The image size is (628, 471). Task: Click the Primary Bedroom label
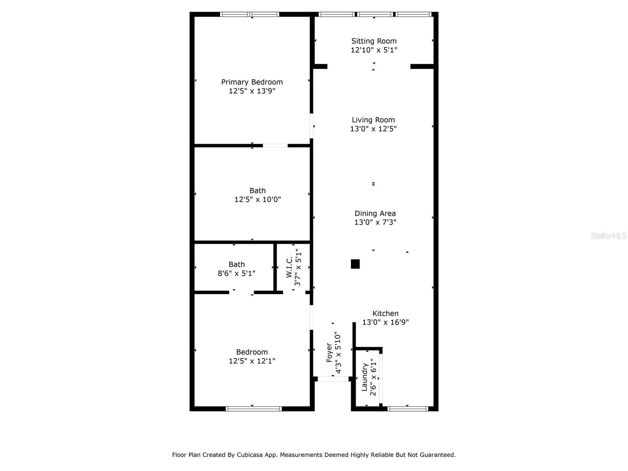[252, 82]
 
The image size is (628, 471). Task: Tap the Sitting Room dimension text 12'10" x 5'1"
[374, 50]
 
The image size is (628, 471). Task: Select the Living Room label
[373, 120]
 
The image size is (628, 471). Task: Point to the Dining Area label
[375, 214]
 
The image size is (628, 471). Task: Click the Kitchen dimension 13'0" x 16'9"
[385, 322]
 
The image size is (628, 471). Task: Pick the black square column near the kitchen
[355, 264]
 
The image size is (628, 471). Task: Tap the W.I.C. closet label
[289, 267]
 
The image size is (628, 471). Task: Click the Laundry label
[364, 377]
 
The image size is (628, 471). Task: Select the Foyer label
[329, 352]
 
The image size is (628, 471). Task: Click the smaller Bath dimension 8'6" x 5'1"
[236, 273]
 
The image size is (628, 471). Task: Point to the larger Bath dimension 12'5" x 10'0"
[257, 199]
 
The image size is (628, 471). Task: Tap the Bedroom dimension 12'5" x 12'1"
[252, 361]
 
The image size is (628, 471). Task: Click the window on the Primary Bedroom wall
[250, 14]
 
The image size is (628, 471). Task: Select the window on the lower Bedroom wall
[254, 409]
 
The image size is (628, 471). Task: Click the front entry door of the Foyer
[333, 379]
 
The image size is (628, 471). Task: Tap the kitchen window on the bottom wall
[408, 409]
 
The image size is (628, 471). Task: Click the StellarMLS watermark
[608, 235]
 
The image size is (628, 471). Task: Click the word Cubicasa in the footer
[250, 455]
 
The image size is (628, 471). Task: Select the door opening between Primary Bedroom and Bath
[275, 146]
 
